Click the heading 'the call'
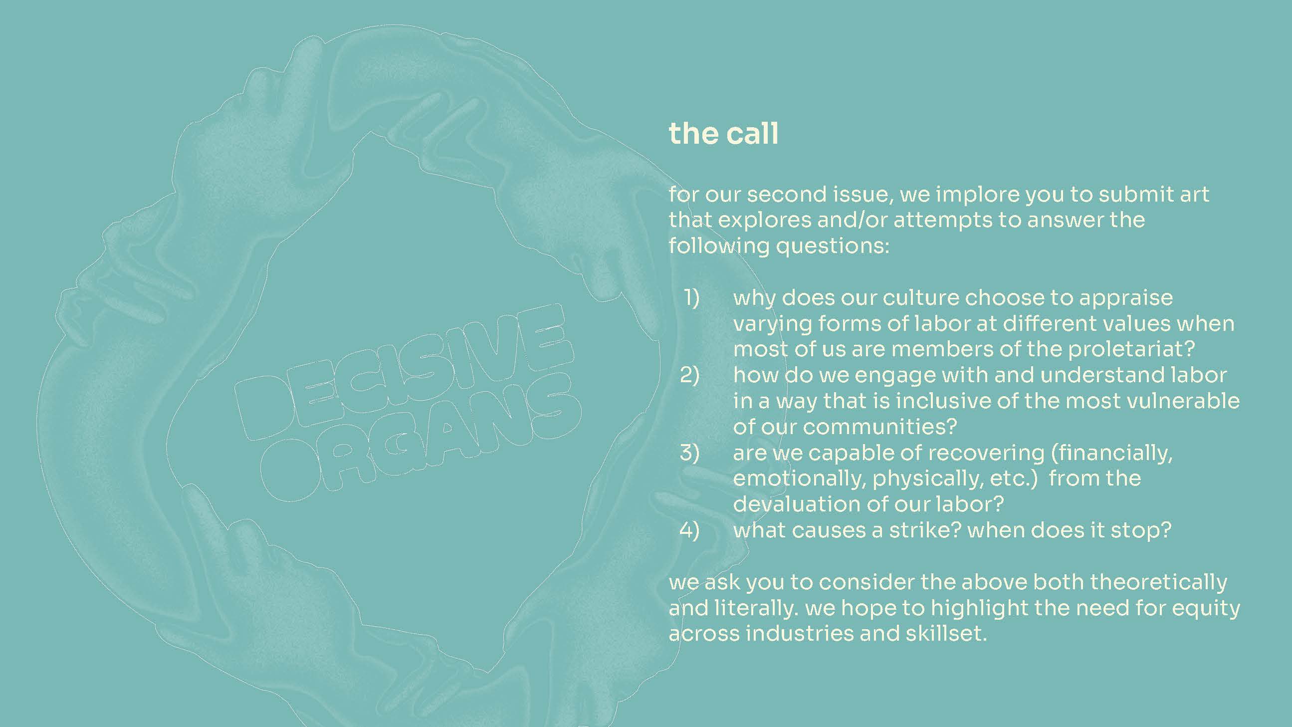(723, 133)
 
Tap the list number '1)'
(691, 297)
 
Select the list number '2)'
(689, 375)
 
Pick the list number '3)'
(689, 453)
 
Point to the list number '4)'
(689, 530)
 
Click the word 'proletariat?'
(1131, 349)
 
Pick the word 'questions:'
(833, 246)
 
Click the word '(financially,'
(1112, 453)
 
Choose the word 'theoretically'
(1159, 582)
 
